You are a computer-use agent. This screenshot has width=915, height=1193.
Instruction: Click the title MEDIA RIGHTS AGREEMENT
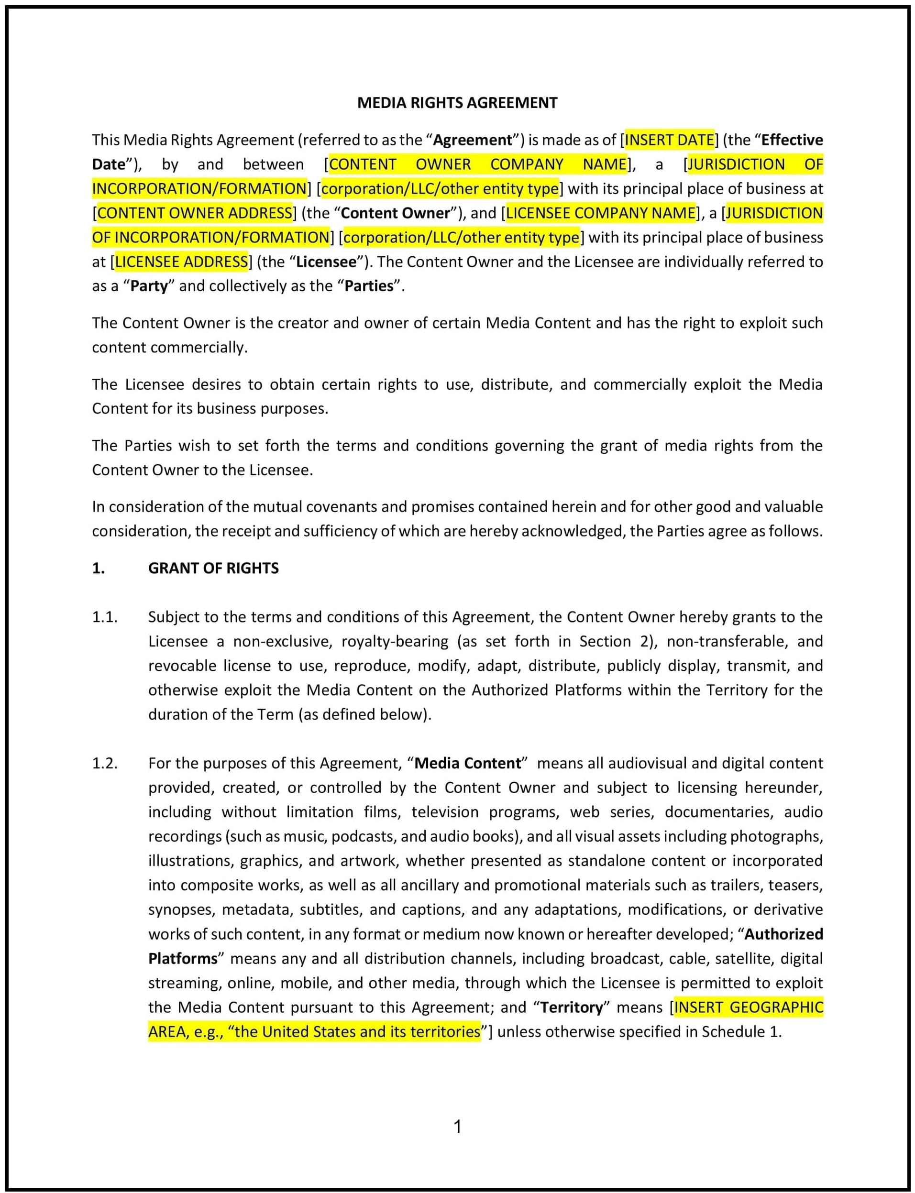click(457, 103)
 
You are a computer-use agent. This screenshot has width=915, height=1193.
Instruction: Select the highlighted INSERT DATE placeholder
click(669, 140)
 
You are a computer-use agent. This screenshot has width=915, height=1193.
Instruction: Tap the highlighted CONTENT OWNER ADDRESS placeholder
click(195, 213)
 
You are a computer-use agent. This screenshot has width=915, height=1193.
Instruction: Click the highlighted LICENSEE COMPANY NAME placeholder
click(601, 213)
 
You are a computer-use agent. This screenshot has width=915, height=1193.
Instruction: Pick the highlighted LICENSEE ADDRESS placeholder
click(181, 262)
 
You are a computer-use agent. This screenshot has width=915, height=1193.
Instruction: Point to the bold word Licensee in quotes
click(326, 262)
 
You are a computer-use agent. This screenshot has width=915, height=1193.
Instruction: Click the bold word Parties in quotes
click(369, 286)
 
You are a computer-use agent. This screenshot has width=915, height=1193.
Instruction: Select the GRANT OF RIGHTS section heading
click(213, 568)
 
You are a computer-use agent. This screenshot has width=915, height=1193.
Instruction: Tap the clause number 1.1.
click(105, 617)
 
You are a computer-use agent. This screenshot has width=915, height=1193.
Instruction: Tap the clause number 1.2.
click(105, 764)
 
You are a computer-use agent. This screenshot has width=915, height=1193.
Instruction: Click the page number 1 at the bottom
click(457, 1126)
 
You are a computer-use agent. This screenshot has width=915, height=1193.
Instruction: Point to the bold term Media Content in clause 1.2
click(467, 764)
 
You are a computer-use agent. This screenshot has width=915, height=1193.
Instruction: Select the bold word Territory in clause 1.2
click(571, 1007)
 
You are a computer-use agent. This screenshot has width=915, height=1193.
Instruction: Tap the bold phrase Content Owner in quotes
click(395, 213)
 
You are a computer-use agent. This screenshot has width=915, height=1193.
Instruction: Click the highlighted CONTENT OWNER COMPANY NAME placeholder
click(478, 164)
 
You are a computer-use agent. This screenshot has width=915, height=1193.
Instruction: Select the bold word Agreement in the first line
click(472, 140)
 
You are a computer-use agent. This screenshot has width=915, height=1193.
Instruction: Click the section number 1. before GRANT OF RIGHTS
click(98, 568)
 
